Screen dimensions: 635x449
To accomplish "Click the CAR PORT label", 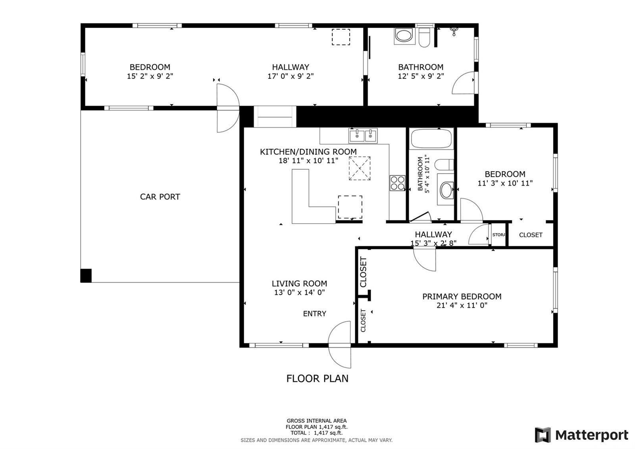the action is coord(160,197).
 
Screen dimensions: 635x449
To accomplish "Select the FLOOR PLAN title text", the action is coord(317,378).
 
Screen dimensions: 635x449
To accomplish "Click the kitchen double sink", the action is coord(363,135).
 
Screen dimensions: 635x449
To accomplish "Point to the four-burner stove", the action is coord(397,183).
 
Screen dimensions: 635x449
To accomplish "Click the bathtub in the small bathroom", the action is coord(431,139).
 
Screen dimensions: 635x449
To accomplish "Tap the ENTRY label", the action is coord(314,314).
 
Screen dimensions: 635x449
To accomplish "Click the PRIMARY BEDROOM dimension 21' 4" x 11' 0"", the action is coord(462,306).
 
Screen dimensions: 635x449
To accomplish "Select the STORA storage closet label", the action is coord(498,235).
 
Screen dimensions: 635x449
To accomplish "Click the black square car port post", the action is coord(86,275).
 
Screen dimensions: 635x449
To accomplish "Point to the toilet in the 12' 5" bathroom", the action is coord(424,37).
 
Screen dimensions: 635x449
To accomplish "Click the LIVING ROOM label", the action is coord(299,284).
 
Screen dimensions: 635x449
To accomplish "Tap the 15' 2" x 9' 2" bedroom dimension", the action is coord(150,76).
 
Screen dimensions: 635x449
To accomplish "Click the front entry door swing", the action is coord(340,344).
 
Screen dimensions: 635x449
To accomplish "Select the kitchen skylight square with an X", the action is coord(360,168).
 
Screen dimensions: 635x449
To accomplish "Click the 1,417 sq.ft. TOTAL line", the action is coord(316,433).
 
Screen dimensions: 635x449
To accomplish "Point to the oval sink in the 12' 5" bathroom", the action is coord(404,36).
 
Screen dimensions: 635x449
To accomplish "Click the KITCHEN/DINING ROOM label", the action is coord(308,152).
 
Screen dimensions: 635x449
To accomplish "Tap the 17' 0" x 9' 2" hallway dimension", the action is coord(291,76).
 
